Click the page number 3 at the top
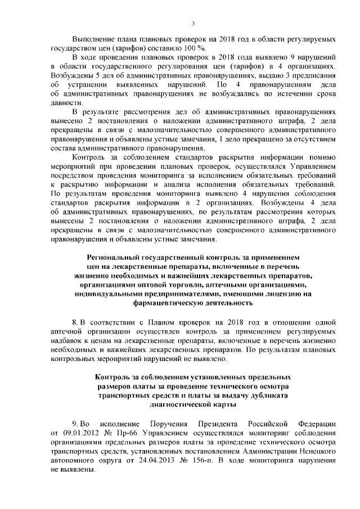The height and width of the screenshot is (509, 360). tap(193, 23)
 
